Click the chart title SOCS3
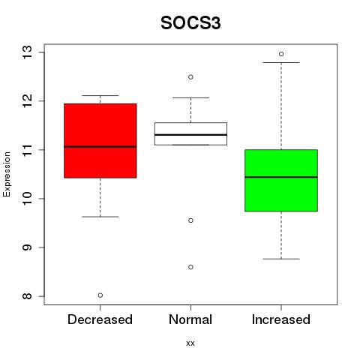(190, 23)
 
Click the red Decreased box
(100, 141)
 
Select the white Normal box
(190, 133)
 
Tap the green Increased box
(281, 181)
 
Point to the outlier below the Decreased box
(100, 295)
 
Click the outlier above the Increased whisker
(281, 54)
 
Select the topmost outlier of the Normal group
(190, 77)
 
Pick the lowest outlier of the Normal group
(190, 267)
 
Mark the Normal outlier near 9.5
(190, 220)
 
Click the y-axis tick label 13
(28, 52)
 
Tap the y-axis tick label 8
(28, 296)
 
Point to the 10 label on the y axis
(28, 199)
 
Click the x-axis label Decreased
(100, 319)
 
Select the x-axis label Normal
(190, 319)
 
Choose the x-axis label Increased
(281, 319)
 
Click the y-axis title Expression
(7, 174)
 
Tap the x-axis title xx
(190, 343)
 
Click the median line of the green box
(281, 177)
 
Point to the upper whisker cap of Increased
(281, 62)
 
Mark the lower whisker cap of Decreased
(100, 217)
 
